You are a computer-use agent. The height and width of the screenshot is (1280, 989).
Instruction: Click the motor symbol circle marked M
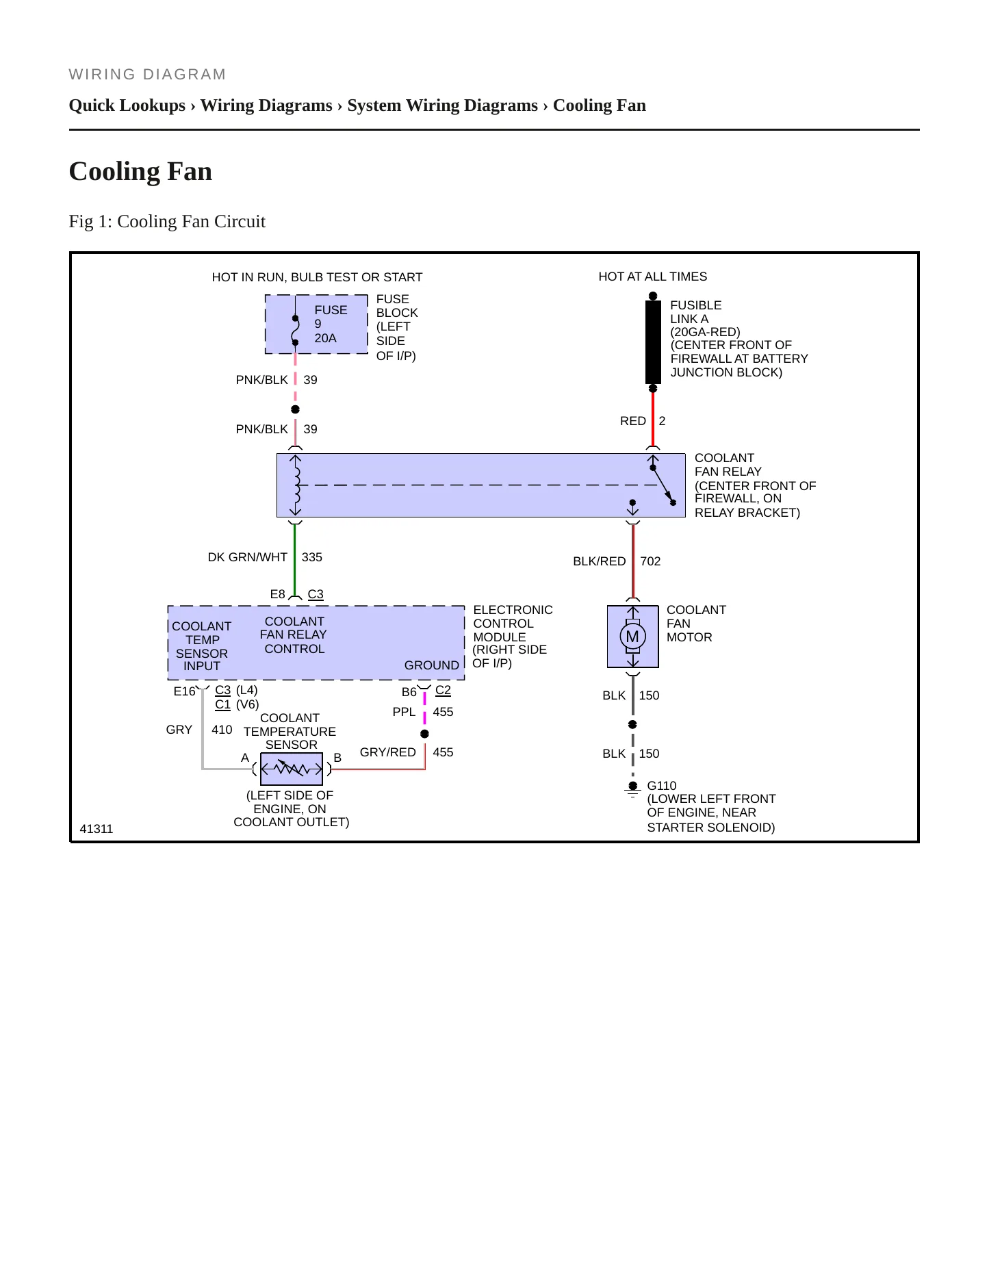632,637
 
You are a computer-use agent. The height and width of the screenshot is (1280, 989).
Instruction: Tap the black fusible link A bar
653,342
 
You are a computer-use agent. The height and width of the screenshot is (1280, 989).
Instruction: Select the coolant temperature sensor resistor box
292,769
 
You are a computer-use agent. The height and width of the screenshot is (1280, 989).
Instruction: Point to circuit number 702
650,561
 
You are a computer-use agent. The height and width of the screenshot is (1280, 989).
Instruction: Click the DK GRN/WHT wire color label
247,557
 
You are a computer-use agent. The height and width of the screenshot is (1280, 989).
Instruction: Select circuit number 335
312,557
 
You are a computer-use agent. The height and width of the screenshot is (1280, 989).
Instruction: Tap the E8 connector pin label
277,594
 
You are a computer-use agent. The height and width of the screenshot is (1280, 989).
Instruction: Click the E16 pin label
184,691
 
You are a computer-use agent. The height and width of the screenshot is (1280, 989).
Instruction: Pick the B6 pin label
409,692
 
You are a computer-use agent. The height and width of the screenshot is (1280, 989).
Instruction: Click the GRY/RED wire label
387,752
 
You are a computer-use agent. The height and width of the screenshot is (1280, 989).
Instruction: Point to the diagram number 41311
97,829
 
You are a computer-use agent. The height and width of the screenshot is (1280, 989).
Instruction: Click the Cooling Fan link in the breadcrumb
600,105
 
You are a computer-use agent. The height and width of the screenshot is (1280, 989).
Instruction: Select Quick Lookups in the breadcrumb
127,105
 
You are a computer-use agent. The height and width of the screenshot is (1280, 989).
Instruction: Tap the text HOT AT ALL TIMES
653,277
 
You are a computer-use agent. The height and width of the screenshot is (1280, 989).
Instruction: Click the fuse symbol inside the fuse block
295,330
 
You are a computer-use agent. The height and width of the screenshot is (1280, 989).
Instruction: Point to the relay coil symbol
296,485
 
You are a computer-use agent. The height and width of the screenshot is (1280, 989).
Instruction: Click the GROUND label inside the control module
432,665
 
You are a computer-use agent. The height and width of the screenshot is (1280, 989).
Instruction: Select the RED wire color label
633,421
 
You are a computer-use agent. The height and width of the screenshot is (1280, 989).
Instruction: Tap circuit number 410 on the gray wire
222,730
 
